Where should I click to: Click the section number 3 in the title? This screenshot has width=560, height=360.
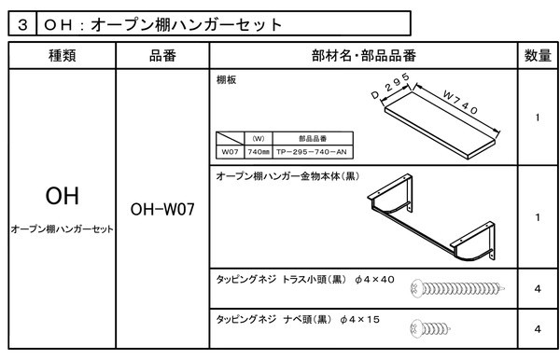(22, 24)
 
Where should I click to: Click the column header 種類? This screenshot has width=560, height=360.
(63, 56)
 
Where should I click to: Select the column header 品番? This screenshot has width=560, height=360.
(162, 56)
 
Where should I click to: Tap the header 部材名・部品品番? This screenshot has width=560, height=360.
(364, 56)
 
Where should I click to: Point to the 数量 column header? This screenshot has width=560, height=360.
(538, 56)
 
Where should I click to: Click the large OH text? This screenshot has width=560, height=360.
(63, 196)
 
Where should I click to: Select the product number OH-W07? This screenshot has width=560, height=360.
(162, 210)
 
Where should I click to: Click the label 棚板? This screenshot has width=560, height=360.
(226, 80)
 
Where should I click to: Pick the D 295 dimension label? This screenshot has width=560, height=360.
(390, 86)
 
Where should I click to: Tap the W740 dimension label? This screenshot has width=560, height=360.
(460, 102)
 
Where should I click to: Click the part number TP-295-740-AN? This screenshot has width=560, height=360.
(312, 152)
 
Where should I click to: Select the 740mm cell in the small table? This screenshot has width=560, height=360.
(259, 152)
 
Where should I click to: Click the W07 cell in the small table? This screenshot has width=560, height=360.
(230, 152)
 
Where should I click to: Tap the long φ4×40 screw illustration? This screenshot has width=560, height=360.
(458, 288)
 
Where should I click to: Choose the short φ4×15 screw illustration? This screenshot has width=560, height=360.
(430, 328)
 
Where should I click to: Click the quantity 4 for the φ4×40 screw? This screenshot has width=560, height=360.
(538, 289)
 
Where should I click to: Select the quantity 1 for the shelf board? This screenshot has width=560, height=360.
(538, 118)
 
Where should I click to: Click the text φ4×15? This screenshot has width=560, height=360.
(360, 319)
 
